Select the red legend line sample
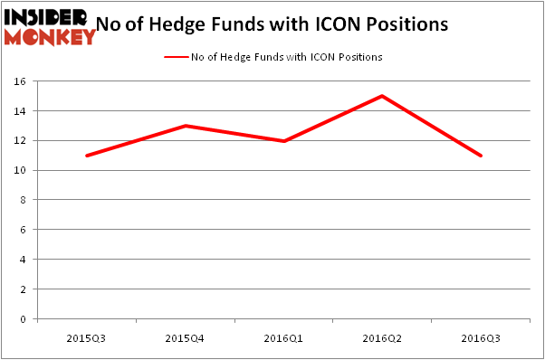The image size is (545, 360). click(x=176, y=57)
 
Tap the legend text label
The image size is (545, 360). click(x=286, y=57)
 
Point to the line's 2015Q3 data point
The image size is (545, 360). click(x=86, y=156)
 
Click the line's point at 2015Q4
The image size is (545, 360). click(x=185, y=126)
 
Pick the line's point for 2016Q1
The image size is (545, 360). click(x=283, y=141)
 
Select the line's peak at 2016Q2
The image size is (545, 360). click(x=382, y=96)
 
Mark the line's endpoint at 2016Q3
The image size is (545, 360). click(x=481, y=156)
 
